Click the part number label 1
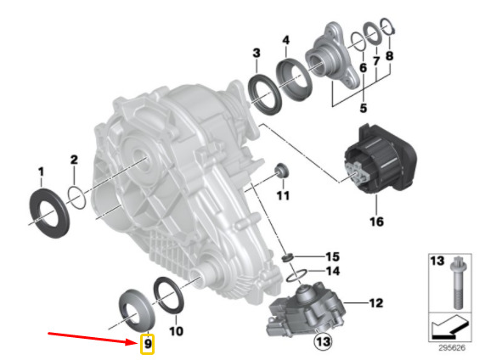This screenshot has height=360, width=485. point(41,172)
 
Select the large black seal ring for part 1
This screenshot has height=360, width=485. point(49,212)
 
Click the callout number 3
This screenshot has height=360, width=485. point(257,53)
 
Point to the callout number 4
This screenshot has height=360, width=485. point(286,40)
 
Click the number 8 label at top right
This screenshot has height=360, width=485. point(389,56)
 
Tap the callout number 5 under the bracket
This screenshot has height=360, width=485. point(364,108)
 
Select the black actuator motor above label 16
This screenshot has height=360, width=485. point(380,159)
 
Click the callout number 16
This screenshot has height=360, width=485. point(376,222)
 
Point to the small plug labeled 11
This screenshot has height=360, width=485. point(281,170)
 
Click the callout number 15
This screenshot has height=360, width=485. point(332,256)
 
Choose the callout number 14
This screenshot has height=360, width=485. point(333,271)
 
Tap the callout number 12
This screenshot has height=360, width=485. point(375,303)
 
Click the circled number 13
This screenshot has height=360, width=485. point(323,341)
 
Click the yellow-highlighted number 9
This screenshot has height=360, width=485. point(148,343)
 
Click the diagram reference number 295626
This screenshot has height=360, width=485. point(452,347)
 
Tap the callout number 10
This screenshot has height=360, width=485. point(176,331)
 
